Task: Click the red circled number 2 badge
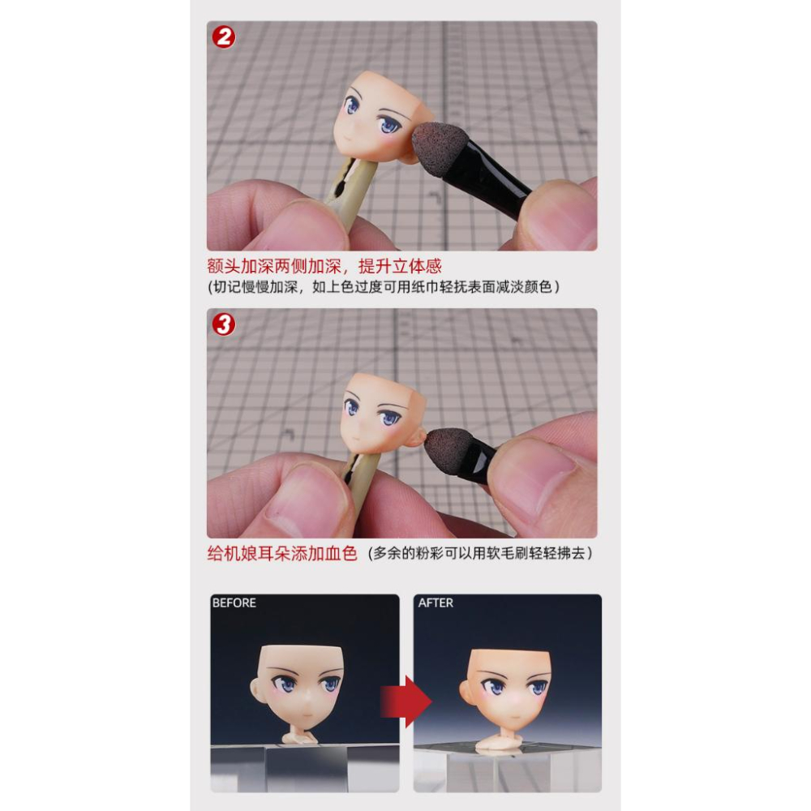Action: [x=224, y=37]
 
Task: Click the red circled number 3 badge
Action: [x=224, y=324]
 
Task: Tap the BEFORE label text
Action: [x=234, y=603]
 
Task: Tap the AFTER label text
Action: [x=436, y=603]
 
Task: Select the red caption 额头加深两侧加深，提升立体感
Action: [x=324, y=266]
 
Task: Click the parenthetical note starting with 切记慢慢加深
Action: [x=384, y=287]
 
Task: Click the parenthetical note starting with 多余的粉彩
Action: [x=480, y=554]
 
